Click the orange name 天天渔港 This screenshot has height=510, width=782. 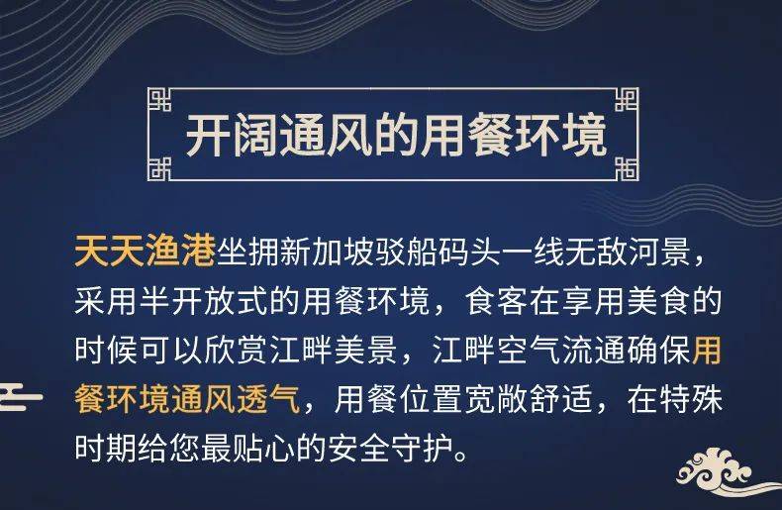pyautogui.click(x=145, y=250)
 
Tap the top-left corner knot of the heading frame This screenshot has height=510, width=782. pyautogui.click(x=158, y=99)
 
